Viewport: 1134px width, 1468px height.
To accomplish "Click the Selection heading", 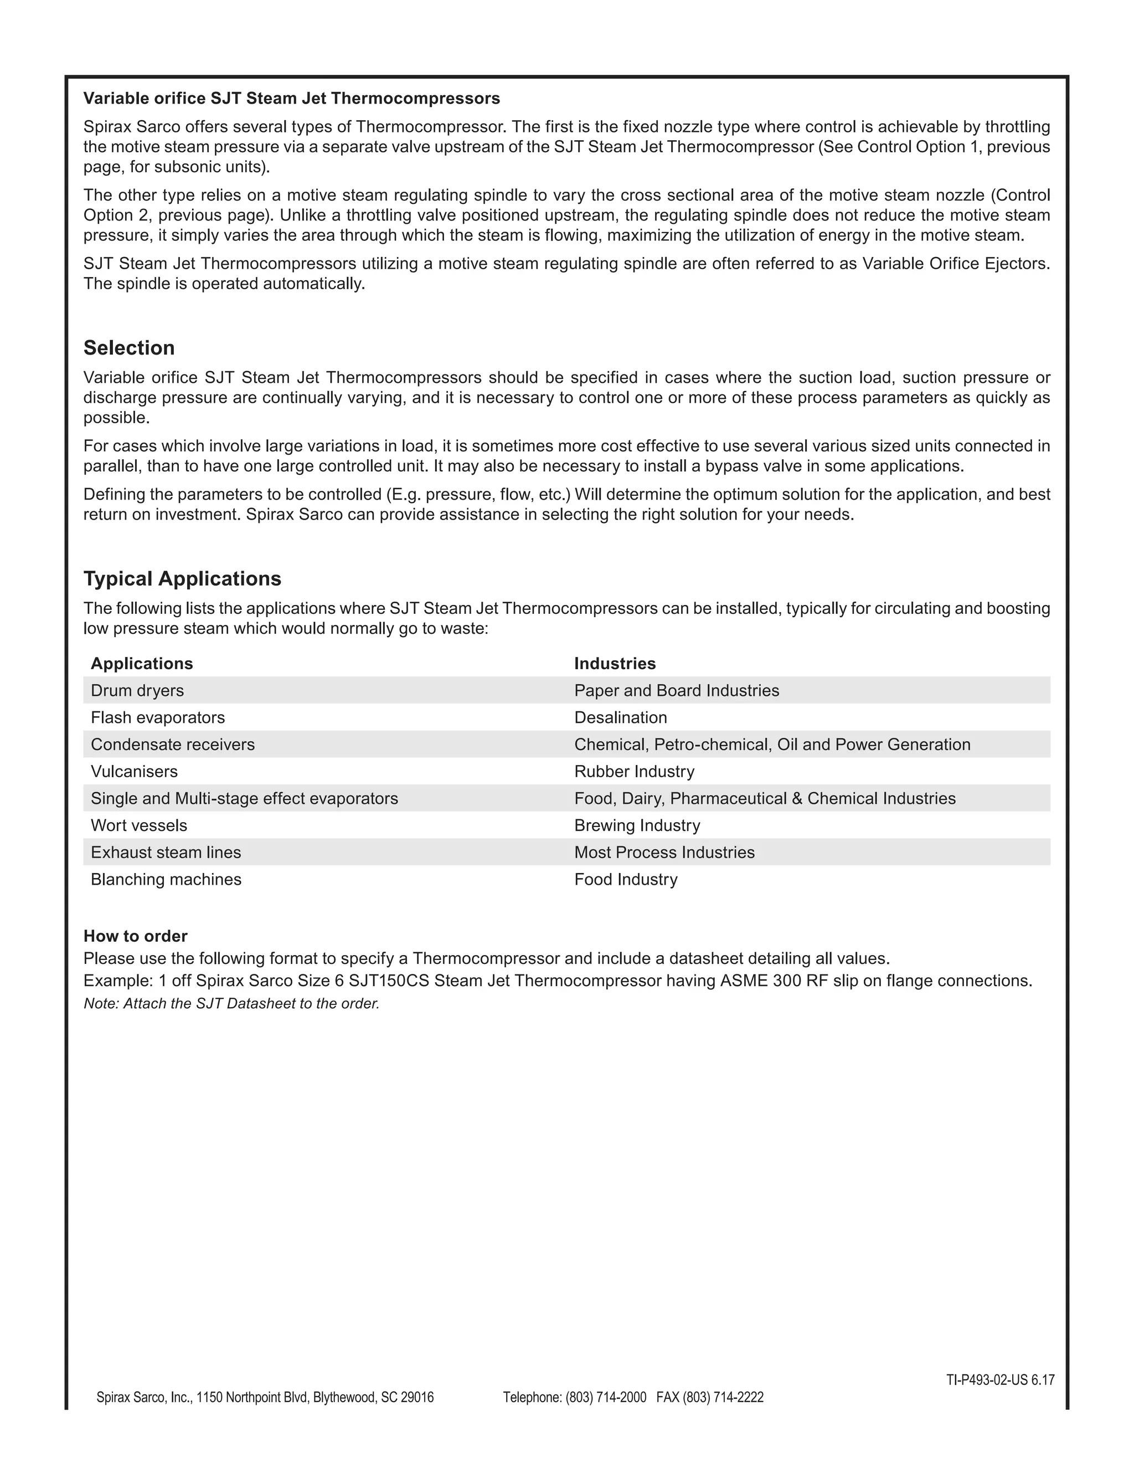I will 129,348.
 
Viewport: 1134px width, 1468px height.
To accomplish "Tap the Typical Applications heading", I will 182,579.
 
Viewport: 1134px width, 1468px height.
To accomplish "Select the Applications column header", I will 142,664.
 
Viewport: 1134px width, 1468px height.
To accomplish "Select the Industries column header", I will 615,664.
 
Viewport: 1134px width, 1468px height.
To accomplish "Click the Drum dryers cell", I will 137,690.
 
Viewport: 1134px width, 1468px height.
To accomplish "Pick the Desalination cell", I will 620,717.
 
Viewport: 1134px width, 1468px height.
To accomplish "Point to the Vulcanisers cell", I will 135,771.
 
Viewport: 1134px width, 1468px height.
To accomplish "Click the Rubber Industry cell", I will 634,771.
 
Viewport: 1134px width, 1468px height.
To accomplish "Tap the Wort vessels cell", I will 139,825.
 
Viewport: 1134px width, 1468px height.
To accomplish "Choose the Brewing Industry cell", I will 637,825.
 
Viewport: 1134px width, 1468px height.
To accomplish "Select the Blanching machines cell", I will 166,879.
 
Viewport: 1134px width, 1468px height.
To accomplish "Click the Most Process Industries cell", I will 664,853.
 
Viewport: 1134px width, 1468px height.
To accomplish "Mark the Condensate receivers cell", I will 173,744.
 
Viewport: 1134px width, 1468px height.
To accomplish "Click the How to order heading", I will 135,936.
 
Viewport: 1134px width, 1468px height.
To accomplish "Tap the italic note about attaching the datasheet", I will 231,1004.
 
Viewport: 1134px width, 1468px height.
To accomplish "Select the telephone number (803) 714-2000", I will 605,1398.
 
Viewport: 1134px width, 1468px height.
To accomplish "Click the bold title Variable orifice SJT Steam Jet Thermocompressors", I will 292,99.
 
